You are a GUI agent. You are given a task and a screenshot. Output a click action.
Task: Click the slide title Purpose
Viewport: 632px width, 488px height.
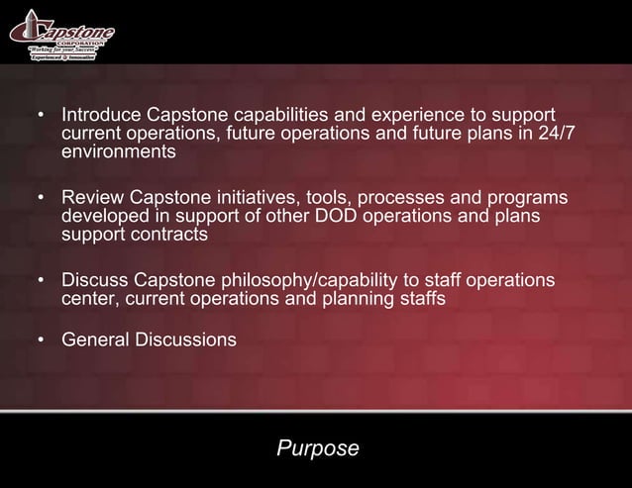[317, 448]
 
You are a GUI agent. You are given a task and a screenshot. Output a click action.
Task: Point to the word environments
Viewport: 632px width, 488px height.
[119, 152]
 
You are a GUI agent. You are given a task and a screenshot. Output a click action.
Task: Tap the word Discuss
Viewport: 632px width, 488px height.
[95, 281]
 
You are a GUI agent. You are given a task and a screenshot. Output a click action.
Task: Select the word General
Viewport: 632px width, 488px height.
[95, 340]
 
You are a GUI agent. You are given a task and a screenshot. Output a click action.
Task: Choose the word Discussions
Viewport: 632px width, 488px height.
[185, 340]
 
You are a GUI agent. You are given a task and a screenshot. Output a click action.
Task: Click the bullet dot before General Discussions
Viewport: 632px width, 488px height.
[42, 341]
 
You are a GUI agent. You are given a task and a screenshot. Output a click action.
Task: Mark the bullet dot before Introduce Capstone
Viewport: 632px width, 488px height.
[42, 116]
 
